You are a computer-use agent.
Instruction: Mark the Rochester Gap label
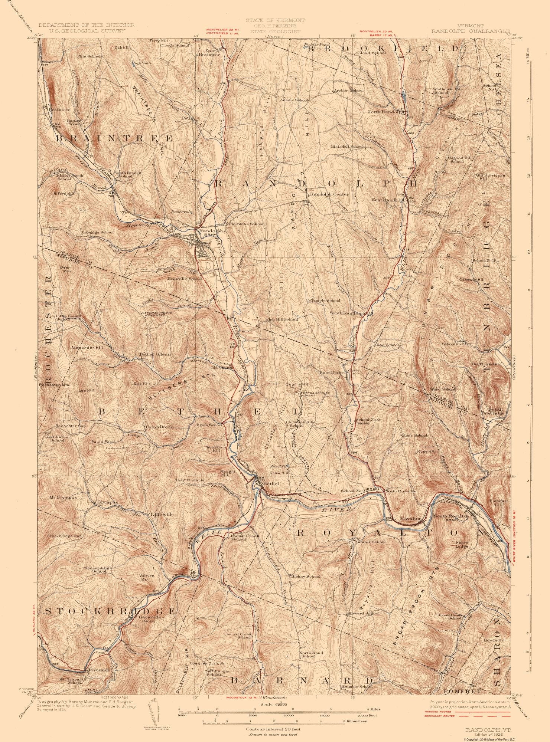[71, 426]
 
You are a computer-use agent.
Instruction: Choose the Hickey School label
[306, 577]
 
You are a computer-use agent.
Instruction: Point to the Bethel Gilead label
[155, 354]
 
